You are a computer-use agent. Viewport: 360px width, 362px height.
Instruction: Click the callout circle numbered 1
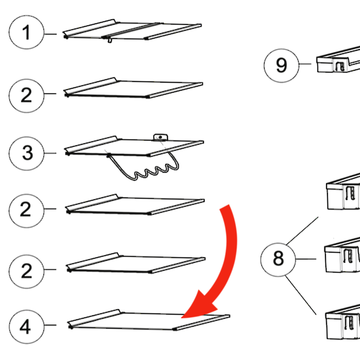[x=26, y=32]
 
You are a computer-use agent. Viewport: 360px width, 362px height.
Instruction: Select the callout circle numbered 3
[x=26, y=153]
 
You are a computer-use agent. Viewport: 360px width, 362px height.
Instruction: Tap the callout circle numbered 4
[x=26, y=327]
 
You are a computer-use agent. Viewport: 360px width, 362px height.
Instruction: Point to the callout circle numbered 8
[x=278, y=259]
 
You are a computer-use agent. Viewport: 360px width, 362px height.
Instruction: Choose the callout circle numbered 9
[x=281, y=65]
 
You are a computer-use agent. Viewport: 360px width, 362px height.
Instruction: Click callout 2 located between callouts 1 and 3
[x=26, y=95]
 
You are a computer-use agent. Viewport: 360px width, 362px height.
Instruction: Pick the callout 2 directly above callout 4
[x=26, y=271]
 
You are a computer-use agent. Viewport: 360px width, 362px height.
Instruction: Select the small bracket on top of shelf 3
[x=161, y=137]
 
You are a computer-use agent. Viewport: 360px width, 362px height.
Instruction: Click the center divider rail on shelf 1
[x=131, y=30]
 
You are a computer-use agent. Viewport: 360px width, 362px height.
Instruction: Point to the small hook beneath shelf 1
[x=109, y=41]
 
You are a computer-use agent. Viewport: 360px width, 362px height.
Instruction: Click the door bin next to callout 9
[x=338, y=60]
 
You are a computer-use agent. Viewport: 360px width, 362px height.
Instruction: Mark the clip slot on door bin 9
[x=340, y=67]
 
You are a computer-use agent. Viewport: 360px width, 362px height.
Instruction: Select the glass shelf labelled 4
[x=148, y=320]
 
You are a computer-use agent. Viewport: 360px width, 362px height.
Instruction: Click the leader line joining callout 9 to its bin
[x=305, y=64]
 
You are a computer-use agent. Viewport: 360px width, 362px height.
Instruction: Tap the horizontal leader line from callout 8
[x=306, y=259]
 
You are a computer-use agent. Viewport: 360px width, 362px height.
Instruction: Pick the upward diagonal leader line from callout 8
[x=302, y=231]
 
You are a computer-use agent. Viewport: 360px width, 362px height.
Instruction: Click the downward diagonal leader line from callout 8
[x=301, y=295]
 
